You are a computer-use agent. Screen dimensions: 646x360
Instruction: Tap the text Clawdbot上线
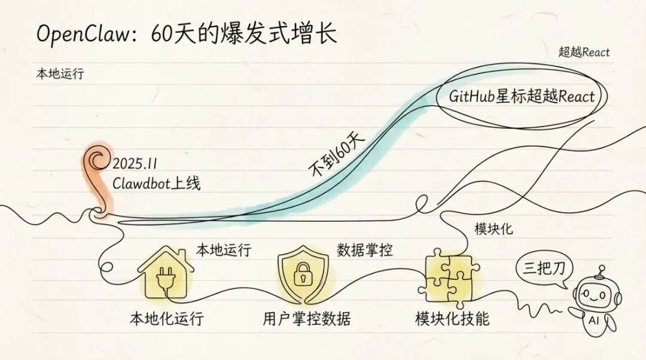point(157,183)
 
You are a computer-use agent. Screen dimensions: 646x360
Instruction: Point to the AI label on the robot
point(594,320)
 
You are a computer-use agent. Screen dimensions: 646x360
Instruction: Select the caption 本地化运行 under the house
point(166,319)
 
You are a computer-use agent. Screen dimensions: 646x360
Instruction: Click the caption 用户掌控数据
point(306,319)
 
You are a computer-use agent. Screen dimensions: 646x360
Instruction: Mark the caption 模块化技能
point(452,319)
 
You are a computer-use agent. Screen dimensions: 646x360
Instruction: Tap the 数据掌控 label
point(365,250)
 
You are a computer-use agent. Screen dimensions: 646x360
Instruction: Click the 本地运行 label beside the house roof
point(224,250)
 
